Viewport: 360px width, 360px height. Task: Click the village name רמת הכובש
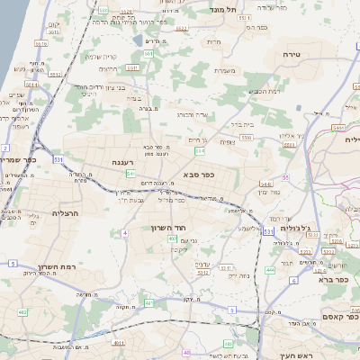[265, 90]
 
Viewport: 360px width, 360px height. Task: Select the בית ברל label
[243, 125]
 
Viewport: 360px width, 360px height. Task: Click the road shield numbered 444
[270, 269]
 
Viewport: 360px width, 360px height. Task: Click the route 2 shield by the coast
[5, 146]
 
